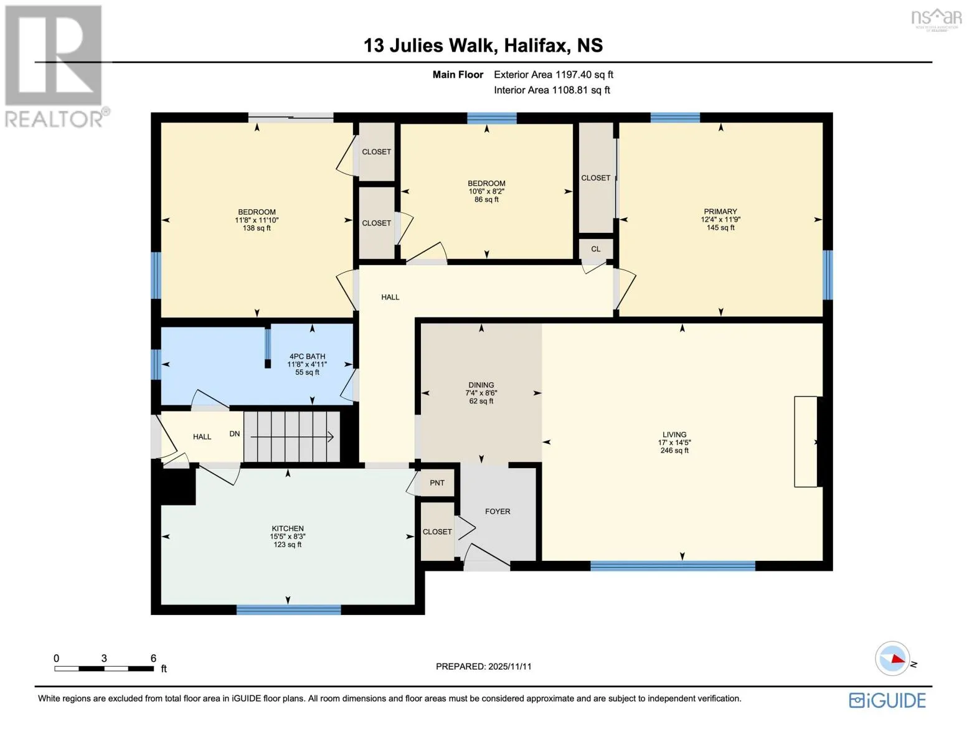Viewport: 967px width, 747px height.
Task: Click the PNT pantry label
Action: tap(437, 482)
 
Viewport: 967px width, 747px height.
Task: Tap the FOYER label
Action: tap(498, 512)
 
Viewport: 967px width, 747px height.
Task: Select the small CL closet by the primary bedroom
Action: tap(596, 249)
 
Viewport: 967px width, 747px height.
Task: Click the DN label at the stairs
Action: tap(235, 434)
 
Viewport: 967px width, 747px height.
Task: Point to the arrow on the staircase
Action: tap(292, 437)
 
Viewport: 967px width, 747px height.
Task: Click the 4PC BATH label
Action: tap(307, 356)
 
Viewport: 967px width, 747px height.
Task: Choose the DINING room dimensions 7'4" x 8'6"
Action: tap(481, 393)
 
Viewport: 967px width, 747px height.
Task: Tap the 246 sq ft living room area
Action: tap(674, 450)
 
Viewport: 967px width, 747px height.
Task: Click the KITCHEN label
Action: tap(288, 529)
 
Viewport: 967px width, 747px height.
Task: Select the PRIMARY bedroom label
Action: tap(720, 211)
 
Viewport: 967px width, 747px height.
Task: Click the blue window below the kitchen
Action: tap(289, 610)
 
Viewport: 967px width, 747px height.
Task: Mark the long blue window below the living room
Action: tap(673, 566)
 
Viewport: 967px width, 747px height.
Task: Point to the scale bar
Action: tap(104, 669)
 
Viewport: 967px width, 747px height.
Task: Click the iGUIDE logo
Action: tap(887, 701)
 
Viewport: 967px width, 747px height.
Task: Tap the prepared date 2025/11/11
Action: tap(510, 667)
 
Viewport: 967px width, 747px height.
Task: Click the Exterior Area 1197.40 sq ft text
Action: tap(554, 75)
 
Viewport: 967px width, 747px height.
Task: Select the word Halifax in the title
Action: tap(537, 46)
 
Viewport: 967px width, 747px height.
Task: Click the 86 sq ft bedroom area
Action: tap(486, 199)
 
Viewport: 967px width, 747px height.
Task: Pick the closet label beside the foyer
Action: tap(437, 532)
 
